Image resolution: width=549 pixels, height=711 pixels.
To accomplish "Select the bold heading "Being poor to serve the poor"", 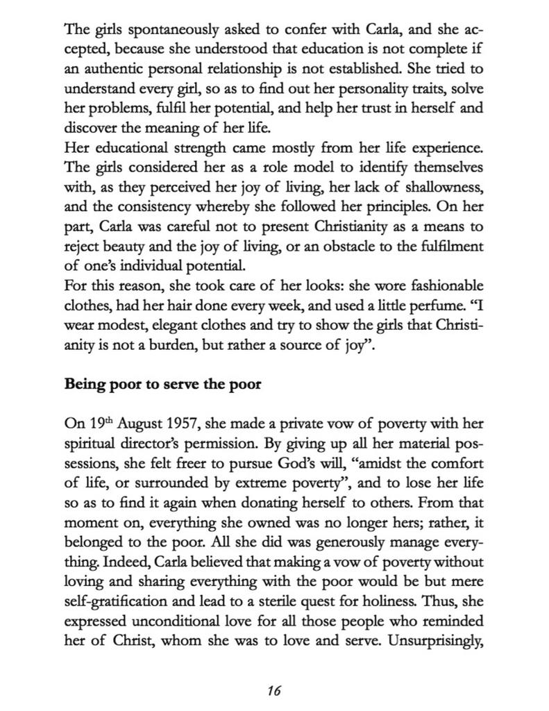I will pos(162,384).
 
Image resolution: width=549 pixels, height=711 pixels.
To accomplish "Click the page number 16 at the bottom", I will pos(274,691).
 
